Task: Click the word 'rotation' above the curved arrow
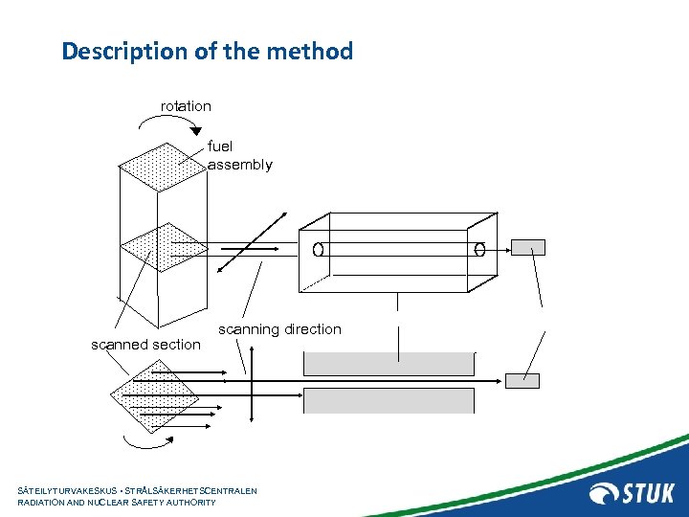[186, 106]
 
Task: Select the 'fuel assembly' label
[239, 155]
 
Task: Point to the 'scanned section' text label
[145, 345]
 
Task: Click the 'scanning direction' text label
[279, 329]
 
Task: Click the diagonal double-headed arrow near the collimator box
[252, 241]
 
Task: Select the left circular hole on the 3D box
[317, 250]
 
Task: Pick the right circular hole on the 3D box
[479, 250]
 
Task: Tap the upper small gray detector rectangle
[527, 247]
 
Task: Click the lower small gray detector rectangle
[522, 380]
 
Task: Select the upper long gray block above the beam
[389, 364]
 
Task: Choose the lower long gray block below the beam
[389, 400]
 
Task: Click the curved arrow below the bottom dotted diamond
[144, 441]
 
